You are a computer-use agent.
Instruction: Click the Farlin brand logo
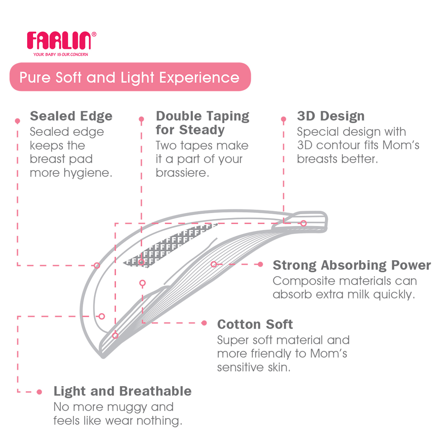click(x=59, y=40)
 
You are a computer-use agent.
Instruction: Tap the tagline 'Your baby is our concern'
click(x=61, y=54)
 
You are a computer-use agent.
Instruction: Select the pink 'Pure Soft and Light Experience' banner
click(x=130, y=77)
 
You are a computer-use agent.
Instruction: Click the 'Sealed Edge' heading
click(x=71, y=116)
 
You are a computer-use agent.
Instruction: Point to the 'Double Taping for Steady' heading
click(x=202, y=123)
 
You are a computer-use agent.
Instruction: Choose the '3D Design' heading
click(x=331, y=116)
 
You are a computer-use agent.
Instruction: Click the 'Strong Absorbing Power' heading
click(x=352, y=265)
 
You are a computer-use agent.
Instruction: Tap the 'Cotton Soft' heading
click(x=255, y=324)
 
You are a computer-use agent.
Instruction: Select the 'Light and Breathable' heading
click(x=123, y=391)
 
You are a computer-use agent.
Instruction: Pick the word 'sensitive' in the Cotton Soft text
click(x=241, y=367)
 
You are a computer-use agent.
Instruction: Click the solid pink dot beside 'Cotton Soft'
click(x=204, y=323)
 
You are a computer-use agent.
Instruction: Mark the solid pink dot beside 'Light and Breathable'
click(x=39, y=392)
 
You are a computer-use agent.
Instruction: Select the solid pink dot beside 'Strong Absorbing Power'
click(x=260, y=264)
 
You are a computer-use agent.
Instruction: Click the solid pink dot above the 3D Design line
click(x=283, y=119)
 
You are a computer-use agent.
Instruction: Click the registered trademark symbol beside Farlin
click(x=94, y=34)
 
